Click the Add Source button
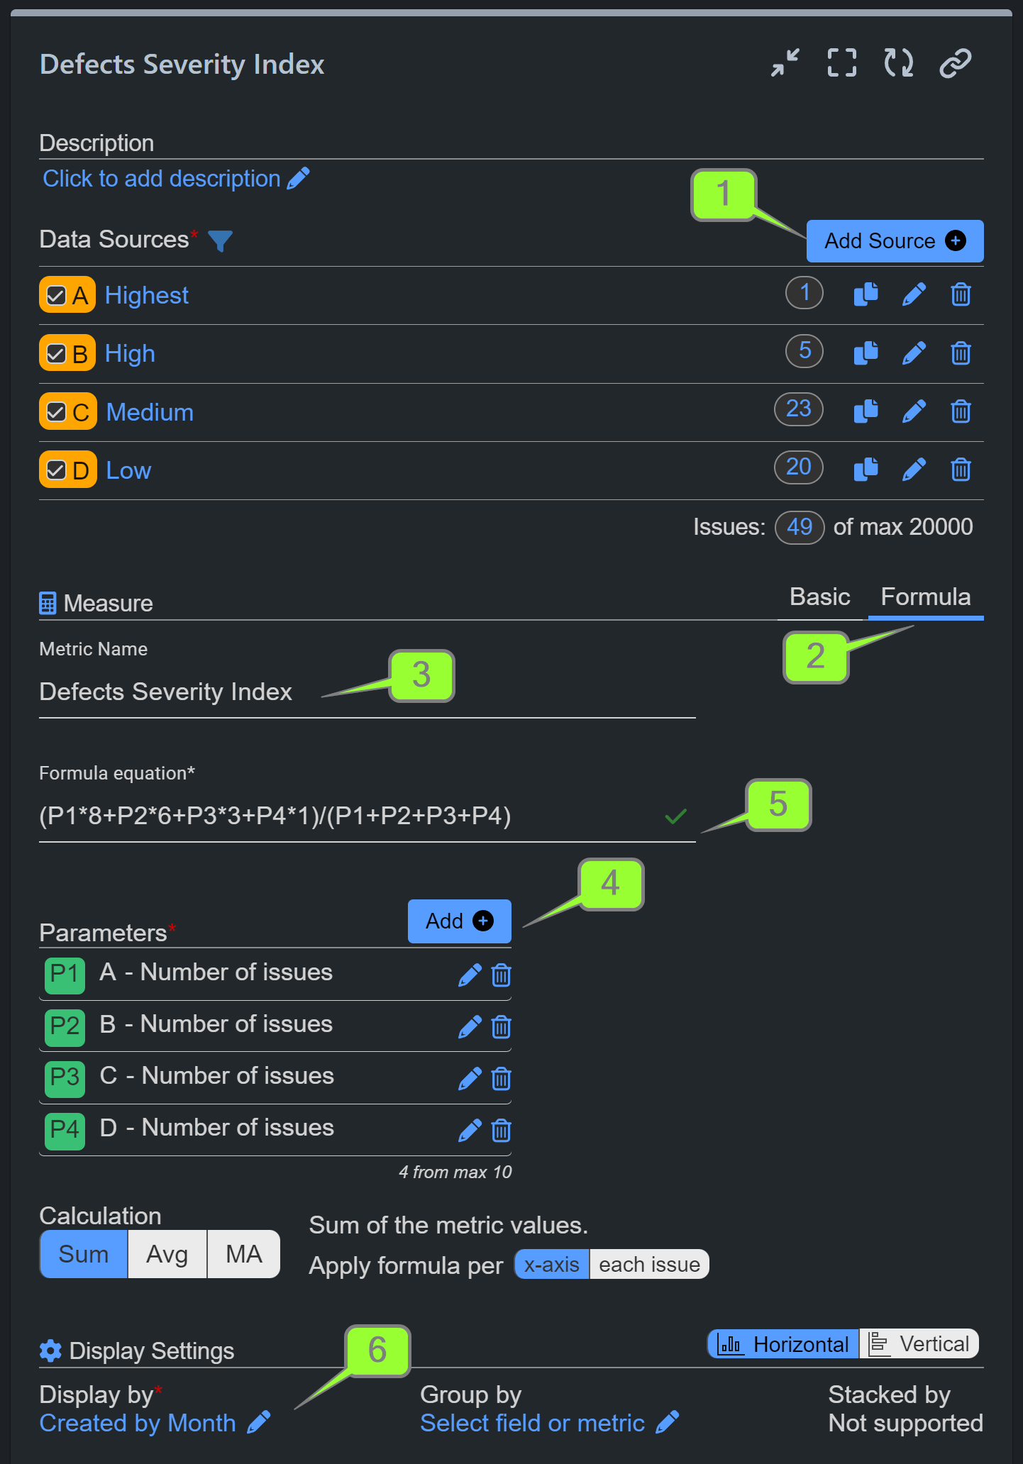pyautogui.click(x=894, y=241)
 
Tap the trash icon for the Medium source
pyautogui.click(x=961, y=411)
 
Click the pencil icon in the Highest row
pyautogui.click(x=914, y=294)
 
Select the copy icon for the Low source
pyautogui.click(x=866, y=469)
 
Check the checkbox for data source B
pyautogui.click(x=56, y=354)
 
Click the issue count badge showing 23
pyautogui.click(x=798, y=409)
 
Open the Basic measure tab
pyautogui.click(x=819, y=597)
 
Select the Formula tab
pyautogui.click(x=925, y=597)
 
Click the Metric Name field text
pyautogui.click(x=166, y=692)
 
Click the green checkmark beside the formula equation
pyautogui.click(x=675, y=816)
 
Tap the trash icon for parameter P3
pyautogui.click(x=501, y=1079)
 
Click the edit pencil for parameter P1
pyautogui.click(x=470, y=975)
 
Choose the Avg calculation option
pyautogui.click(x=167, y=1254)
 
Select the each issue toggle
pyautogui.click(x=648, y=1265)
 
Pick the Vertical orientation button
pyautogui.click(x=919, y=1344)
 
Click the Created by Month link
pyautogui.click(x=138, y=1424)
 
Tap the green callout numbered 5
pyautogui.click(x=778, y=804)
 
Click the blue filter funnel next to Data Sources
pyautogui.click(x=220, y=241)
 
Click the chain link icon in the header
pyautogui.click(x=955, y=63)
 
